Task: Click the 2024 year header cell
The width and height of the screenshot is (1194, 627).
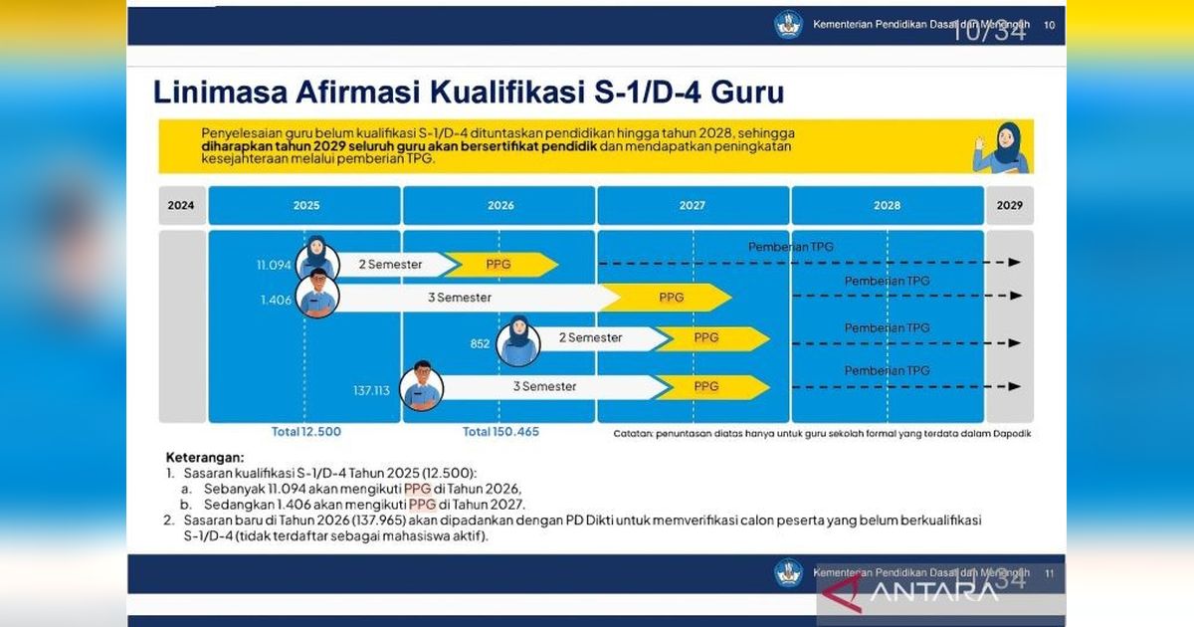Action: (x=182, y=205)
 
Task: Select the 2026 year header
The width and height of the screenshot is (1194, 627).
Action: (x=498, y=205)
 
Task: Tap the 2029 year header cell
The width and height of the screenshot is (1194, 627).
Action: (x=1010, y=205)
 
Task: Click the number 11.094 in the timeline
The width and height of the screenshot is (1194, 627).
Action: (x=274, y=265)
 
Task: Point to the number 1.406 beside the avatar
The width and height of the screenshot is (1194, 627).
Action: (x=277, y=301)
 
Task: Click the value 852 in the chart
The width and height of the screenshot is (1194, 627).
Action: (x=480, y=344)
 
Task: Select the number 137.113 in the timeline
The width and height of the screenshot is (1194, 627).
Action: (x=371, y=391)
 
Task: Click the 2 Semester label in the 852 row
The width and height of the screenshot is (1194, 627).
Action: (x=590, y=337)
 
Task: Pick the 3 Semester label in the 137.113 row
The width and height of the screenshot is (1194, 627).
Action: (x=545, y=386)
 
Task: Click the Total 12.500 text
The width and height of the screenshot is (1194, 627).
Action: (x=306, y=431)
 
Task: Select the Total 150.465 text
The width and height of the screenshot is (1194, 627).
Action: (x=500, y=431)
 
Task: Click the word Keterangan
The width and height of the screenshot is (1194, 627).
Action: (x=205, y=458)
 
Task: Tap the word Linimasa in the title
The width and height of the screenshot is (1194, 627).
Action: (x=220, y=92)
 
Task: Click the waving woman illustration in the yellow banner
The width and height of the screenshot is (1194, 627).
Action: (x=1001, y=147)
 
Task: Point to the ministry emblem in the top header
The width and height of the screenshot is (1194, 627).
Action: (x=788, y=25)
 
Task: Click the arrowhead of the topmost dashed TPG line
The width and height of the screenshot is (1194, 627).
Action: (x=1014, y=263)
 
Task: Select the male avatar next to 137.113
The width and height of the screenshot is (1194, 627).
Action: (x=422, y=386)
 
